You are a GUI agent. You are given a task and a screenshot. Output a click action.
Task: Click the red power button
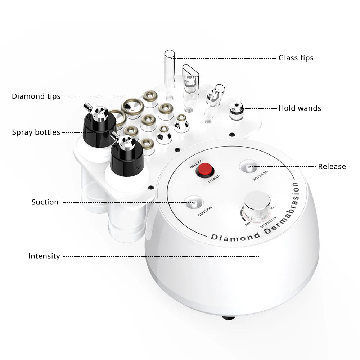coord(205,170)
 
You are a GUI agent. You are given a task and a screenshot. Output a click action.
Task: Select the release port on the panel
coord(249,166)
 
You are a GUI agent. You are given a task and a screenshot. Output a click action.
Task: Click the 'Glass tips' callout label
coord(296,58)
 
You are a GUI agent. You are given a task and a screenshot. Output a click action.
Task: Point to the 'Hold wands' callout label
coord(300,108)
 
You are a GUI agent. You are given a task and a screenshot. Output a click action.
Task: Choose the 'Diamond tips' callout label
coord(36,96)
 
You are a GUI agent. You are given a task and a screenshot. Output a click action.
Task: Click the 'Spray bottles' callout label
coord(36,132)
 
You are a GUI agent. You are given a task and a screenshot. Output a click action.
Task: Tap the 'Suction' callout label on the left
coord(45,202)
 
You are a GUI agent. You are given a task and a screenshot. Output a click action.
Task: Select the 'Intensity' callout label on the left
coord(44,256)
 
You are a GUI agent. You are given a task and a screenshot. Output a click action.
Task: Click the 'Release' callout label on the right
coord(332,166)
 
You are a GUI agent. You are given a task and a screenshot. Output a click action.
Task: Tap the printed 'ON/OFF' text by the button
coord(196,164)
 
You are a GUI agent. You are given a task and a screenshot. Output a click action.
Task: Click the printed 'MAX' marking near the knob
coord(273,207)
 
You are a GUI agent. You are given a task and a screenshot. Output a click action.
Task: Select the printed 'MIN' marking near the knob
coord(248,224)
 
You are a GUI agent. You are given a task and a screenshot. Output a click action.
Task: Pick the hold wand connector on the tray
coord(237,111)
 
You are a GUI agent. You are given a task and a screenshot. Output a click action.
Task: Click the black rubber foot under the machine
coord(229,318)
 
